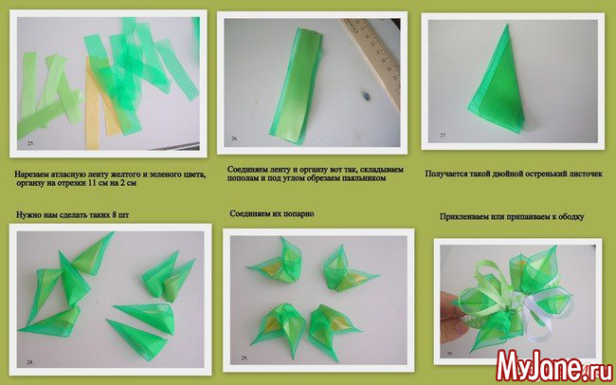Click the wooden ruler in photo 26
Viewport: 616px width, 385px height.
[x=373, y=59]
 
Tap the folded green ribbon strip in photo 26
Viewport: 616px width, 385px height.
[x=297, y=85]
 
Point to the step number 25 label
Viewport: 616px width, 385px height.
[x=31, y=143]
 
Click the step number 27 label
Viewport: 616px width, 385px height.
[x=444, y=136]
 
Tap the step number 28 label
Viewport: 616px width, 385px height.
[x=30, y=362]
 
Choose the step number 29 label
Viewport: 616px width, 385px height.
[x=245, y=357]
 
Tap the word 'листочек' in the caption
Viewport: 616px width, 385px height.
[x=585, y=174]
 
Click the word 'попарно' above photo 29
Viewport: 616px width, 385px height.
[x=299, y=214]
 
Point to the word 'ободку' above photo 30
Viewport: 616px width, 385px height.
[x=571, y=217]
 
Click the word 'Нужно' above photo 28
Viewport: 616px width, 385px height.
[x=28, y=215]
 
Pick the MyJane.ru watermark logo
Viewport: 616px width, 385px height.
[x=554, y=365]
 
